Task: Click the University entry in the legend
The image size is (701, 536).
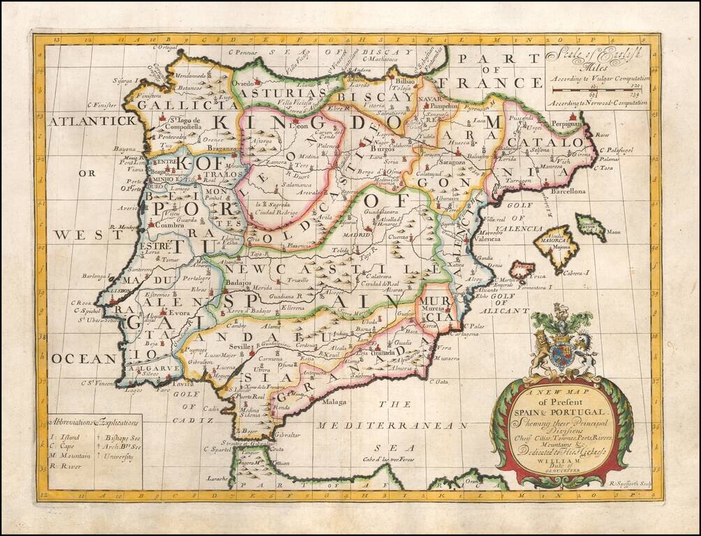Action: (x=117, y=458)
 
